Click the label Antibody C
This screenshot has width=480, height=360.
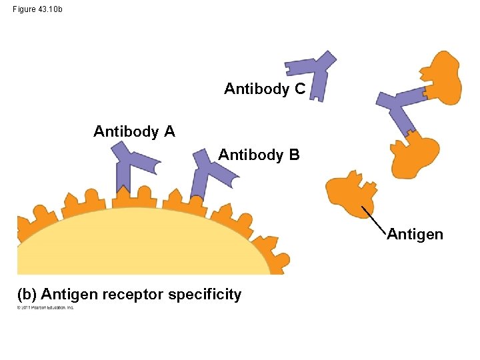click(x=265, y=89)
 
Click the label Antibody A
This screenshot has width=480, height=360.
click(x=134, y=132)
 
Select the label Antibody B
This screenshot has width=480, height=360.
click(x=259, y=155)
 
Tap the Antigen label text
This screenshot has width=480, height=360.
click(x=415, y=235)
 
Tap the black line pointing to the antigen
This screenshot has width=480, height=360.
click(x=374, y=219)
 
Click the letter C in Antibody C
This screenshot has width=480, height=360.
click(x=300, y=89)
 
